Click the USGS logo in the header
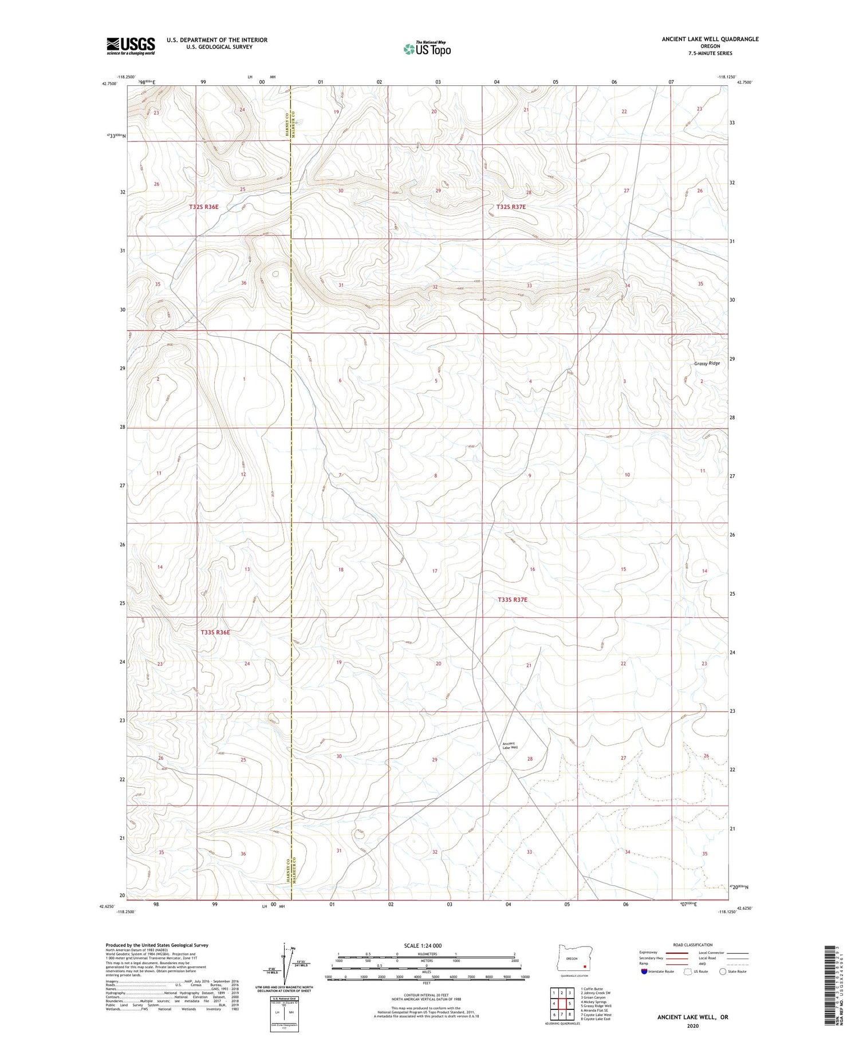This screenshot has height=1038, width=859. click(x=131, y=46)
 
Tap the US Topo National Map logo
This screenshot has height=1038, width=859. click(x=427, y=49)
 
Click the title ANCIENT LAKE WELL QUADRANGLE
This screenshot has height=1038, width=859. click(x=710, y=39)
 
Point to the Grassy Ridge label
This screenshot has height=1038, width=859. click(x=707, y=364)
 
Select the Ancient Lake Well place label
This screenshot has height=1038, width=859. click(x=510, y=745)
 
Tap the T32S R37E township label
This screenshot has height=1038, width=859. click(x=511, y=207)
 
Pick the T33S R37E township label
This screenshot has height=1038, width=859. click(x=512, y=599)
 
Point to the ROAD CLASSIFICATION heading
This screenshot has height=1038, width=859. click(x=693, y=945)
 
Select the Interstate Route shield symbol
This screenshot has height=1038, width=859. click(x=644, y=971)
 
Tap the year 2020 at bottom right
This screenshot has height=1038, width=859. click(x=693, y=1025)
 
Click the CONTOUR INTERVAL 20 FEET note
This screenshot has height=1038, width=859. click(x=427, y=995)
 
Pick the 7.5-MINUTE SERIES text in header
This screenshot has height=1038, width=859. click(x=710, y=53)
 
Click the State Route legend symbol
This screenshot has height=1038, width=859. click(x=723, y=971)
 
